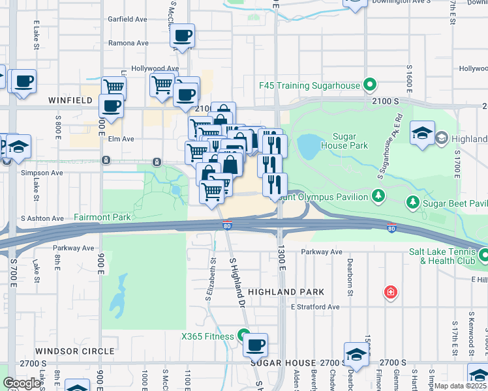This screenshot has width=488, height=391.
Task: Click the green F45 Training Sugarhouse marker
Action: pos(370,85)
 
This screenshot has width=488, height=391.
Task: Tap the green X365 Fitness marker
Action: pos(243,336)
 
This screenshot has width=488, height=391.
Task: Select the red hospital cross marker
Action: pos(390,291)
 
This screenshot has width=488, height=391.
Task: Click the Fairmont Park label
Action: pos(102,217)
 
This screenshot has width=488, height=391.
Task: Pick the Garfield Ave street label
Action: pos(128,20)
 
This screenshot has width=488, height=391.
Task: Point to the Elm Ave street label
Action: pos(122,139)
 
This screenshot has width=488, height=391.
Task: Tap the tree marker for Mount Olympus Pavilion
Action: pos(377,195)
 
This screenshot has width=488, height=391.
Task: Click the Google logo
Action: pos(22,383)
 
